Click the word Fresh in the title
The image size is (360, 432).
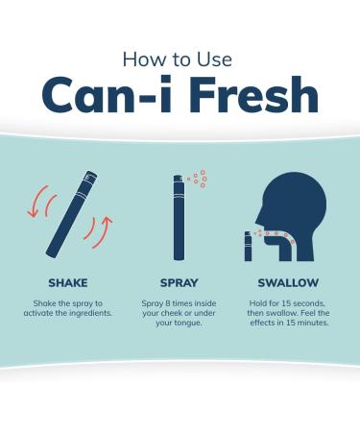pos(255,94)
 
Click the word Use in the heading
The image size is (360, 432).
pos(214,60)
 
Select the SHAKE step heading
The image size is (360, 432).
pos(68,283)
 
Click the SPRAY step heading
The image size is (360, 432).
pos(179,283)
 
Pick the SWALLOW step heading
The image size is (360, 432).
pos(288,283)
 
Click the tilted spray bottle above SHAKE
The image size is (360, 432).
pos(72,214)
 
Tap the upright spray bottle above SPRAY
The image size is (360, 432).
pos(179,217)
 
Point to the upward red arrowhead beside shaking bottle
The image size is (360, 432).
pos(108,220)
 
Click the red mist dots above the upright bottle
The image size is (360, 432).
pos(199,179)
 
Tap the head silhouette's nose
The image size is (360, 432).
pos(258,221)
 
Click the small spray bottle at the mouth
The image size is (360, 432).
pos(248,246)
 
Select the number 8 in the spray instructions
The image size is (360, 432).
pos(168,303)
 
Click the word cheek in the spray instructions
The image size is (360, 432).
pos(171,313)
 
